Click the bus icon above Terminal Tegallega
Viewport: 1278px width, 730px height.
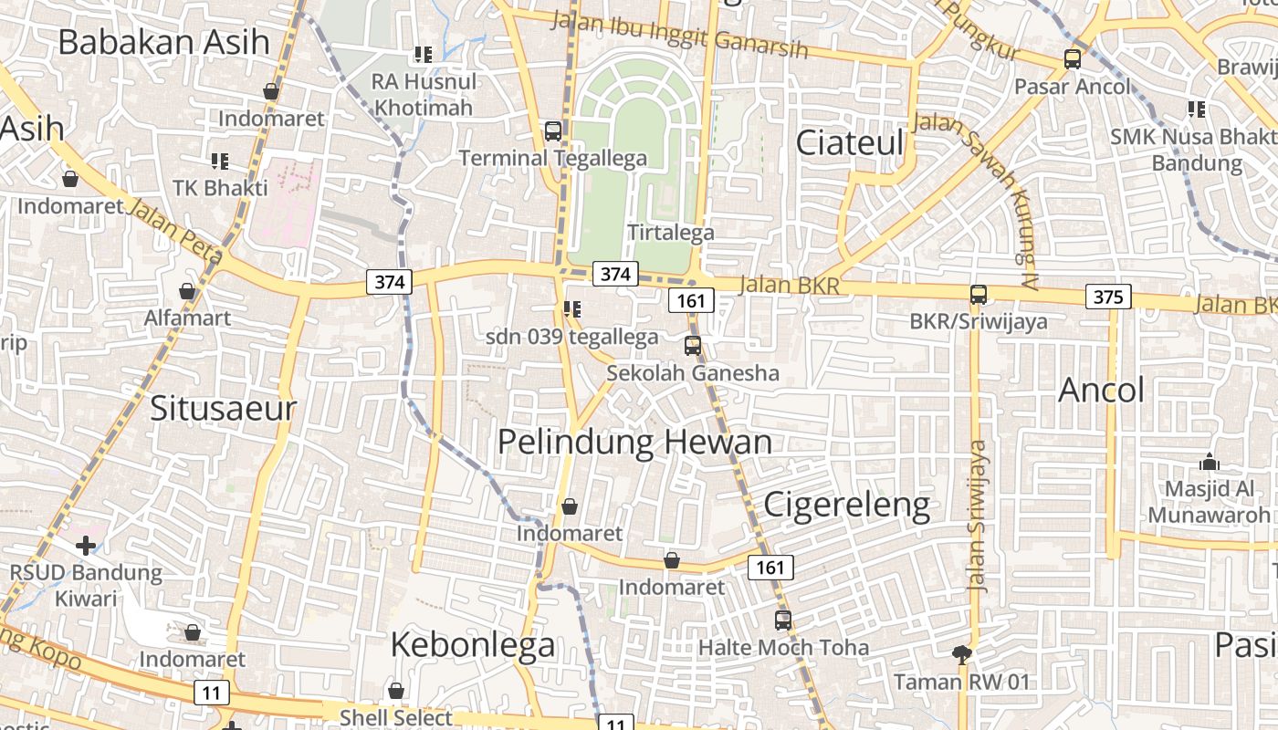tap(553, 130)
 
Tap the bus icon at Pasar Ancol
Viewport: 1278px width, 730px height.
tap(1073, 59)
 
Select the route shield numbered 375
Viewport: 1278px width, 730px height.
tap(1108, 297)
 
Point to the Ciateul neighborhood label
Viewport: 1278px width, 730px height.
tap(850, 142)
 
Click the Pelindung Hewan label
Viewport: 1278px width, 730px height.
tap(634, 443)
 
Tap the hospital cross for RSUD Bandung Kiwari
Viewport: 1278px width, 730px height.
tap(85, 546)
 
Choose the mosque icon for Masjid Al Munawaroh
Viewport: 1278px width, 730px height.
tap(1210, 462)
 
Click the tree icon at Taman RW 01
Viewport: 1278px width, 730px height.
tap(961, 653)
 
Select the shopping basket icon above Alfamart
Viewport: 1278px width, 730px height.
tap(187, 291)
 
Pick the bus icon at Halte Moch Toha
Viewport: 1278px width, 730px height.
tap(783, 620)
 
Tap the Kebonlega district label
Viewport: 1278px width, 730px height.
tap(472, 644)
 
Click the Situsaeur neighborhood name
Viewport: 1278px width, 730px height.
tap(224, 407)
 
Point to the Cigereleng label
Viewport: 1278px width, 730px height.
tap(846, 504)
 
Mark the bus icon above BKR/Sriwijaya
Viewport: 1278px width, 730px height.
tap(979, 294)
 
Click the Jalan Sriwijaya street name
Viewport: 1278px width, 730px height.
tap(979, 516)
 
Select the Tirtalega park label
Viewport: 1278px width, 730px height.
tap(671, 233)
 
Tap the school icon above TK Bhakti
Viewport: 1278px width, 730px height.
tap(220, 162)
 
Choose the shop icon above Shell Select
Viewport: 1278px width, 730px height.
tap(396, 691)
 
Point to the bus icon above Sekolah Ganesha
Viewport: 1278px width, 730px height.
tap(693, 345)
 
